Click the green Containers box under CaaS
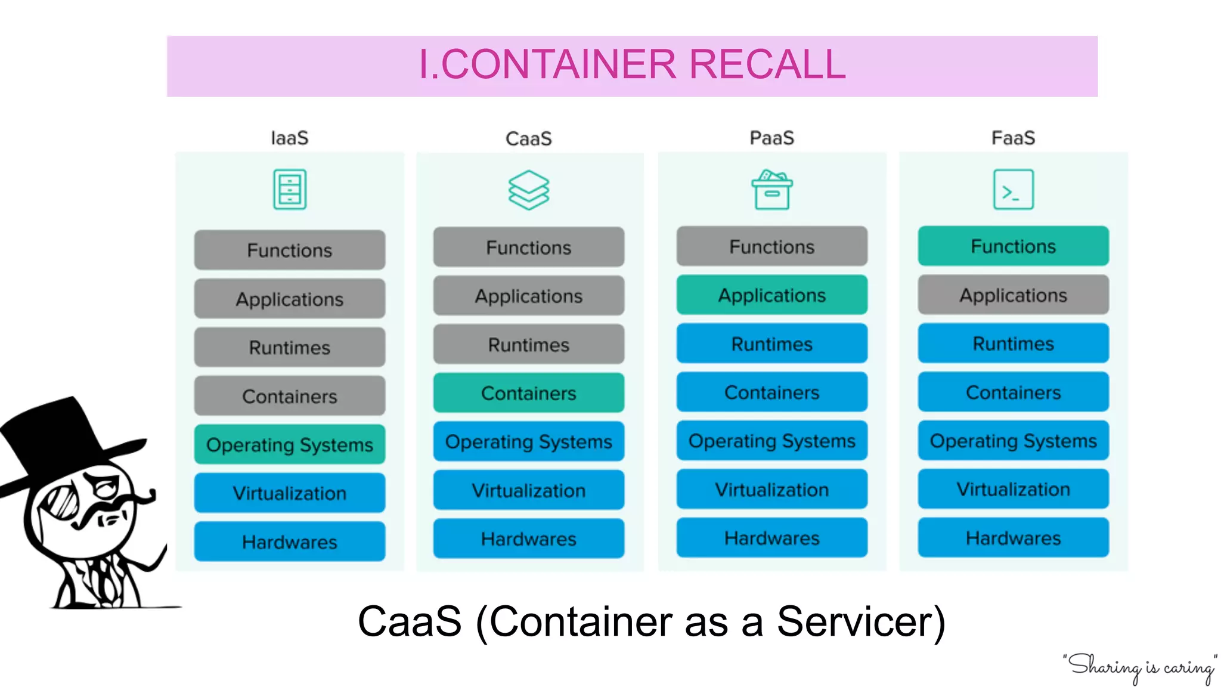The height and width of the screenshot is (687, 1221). [528, 393]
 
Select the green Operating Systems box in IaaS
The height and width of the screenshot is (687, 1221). [289, 444]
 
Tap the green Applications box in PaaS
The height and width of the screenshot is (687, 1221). [771, 295]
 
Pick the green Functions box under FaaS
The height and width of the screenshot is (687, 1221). [1013, 246]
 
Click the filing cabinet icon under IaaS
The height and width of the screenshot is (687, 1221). [290, 190]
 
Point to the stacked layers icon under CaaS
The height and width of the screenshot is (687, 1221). [528, 190]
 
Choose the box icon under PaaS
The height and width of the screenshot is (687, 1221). [771, 190]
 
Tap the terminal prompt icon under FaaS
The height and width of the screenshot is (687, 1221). [1013, 190]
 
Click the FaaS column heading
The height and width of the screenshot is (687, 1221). [1013, 138]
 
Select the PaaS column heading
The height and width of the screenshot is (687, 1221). [771, 138]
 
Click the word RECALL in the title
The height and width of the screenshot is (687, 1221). [767, 64]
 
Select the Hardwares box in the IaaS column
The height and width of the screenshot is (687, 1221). [289, 541]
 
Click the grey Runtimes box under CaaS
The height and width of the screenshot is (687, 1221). [528, 345]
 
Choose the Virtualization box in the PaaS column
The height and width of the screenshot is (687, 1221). [771, 490]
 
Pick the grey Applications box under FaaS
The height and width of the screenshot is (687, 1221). [1013, 295]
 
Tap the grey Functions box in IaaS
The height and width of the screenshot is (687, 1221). [289, 250]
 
